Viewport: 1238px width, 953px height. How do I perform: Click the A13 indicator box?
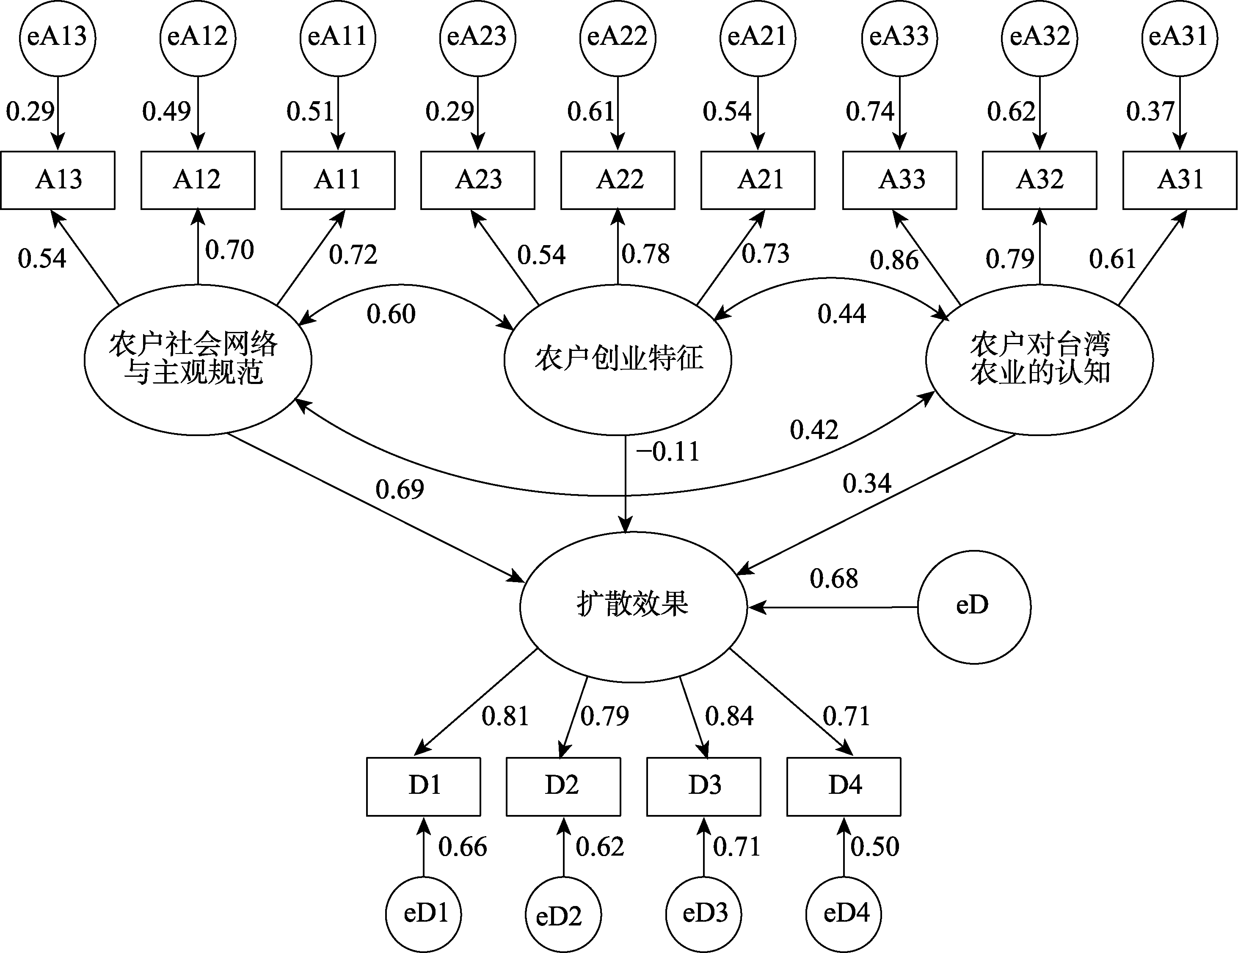(x=58, y=180)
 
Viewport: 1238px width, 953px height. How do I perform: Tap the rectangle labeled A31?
(x=1180, y=180)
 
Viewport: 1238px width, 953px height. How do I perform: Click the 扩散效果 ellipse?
(x=634, y=607)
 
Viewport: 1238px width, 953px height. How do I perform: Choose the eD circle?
(x=974, y=607)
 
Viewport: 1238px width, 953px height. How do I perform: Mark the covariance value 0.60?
(x=391, y=314)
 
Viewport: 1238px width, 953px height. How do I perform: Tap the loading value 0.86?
(x=894, y=260)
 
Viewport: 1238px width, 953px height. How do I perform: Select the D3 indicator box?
(x=703, y=786)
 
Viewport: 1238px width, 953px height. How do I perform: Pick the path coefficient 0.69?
(x=400, y=490)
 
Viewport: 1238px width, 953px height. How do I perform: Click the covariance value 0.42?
(x=814, y=430)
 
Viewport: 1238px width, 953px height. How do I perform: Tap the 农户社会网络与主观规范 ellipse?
(x=198, y=359)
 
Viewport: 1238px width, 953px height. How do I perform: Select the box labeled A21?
(x=758, y=180)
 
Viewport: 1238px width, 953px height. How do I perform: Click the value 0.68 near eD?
(x=834, y=579)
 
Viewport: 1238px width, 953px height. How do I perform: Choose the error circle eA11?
(x=338, y=37)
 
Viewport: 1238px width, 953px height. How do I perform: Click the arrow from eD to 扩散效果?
(x=832, y=607)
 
